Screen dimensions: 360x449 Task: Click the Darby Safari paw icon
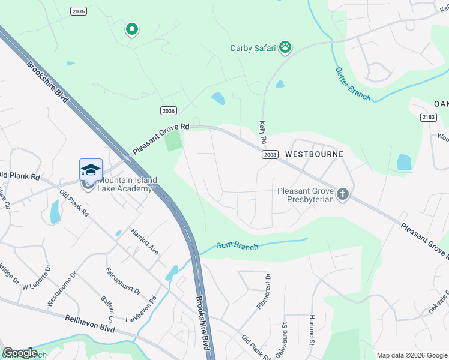(x=286, y=48)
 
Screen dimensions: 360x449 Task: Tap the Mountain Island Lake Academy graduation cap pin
(x=91, y=169)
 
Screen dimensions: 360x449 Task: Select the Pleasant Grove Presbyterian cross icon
(x=343, y=194)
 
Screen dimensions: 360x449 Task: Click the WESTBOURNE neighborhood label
(x=314, y=154)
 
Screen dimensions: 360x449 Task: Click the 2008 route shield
(x=270, y=155)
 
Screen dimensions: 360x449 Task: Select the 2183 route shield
(x=428, y=117)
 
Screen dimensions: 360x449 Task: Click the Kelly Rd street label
(x=262, y=130)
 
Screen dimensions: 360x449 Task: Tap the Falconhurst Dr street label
(x=122, y=281)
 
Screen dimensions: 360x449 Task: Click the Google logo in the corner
(x=20, y=353)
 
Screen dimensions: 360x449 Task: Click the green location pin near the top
(x=131, y=29)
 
